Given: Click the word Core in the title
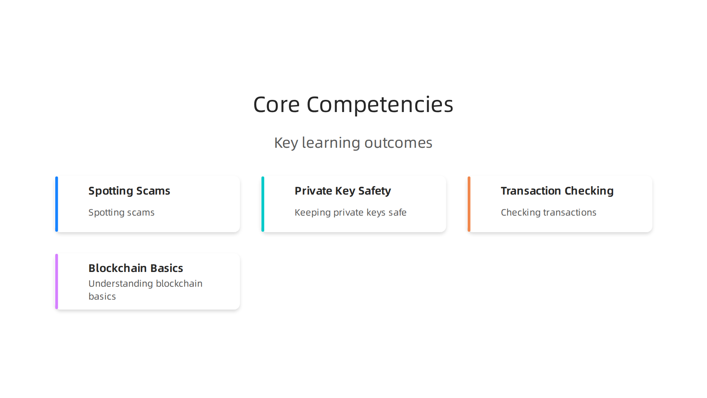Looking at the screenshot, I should pyautogui.click(x=276, y=104).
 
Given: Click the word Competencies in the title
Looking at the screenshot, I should pyautogui.click(x=380, y=104).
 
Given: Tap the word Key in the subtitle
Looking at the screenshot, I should pyautogui.click(x=286, y=143).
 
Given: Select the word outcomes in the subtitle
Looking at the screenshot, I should pyautogui.click(x=398, y=143).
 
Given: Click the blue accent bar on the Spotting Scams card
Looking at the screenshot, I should pyautogui.click(x=57, y=204).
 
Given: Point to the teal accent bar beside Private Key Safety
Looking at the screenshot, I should pyautogui.click(x=263, y=204).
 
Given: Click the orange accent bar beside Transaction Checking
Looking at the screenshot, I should pyautogui.click(x=469, y=204).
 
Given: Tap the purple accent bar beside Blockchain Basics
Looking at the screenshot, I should pyautogui.click(x=57, y=282).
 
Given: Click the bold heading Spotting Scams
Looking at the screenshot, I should pyautogui.click(x=129, y=191).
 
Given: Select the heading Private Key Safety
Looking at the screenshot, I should pyautogui.click(x=342, y=191).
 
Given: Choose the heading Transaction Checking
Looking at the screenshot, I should pyautogui.click(x=557, y=191).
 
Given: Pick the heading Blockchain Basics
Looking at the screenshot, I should pyautogui.click(x=136, y=268).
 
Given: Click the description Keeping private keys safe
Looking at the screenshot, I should pyautogui.click(x=350, y=213).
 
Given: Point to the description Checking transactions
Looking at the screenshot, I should pyautogui.click(x=548, y=213).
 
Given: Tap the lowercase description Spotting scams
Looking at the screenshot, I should pyautogui.click(x=121, y=213).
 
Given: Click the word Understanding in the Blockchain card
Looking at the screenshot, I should pyautogui.click(x=120, y=284).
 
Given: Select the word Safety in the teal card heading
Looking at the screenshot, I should pyautogui.click(x=374, y=191).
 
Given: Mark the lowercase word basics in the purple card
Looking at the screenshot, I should pyautogui.click(x=102, y=297).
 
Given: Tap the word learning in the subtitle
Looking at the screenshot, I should pyautogui.click(x=331, y=143).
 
